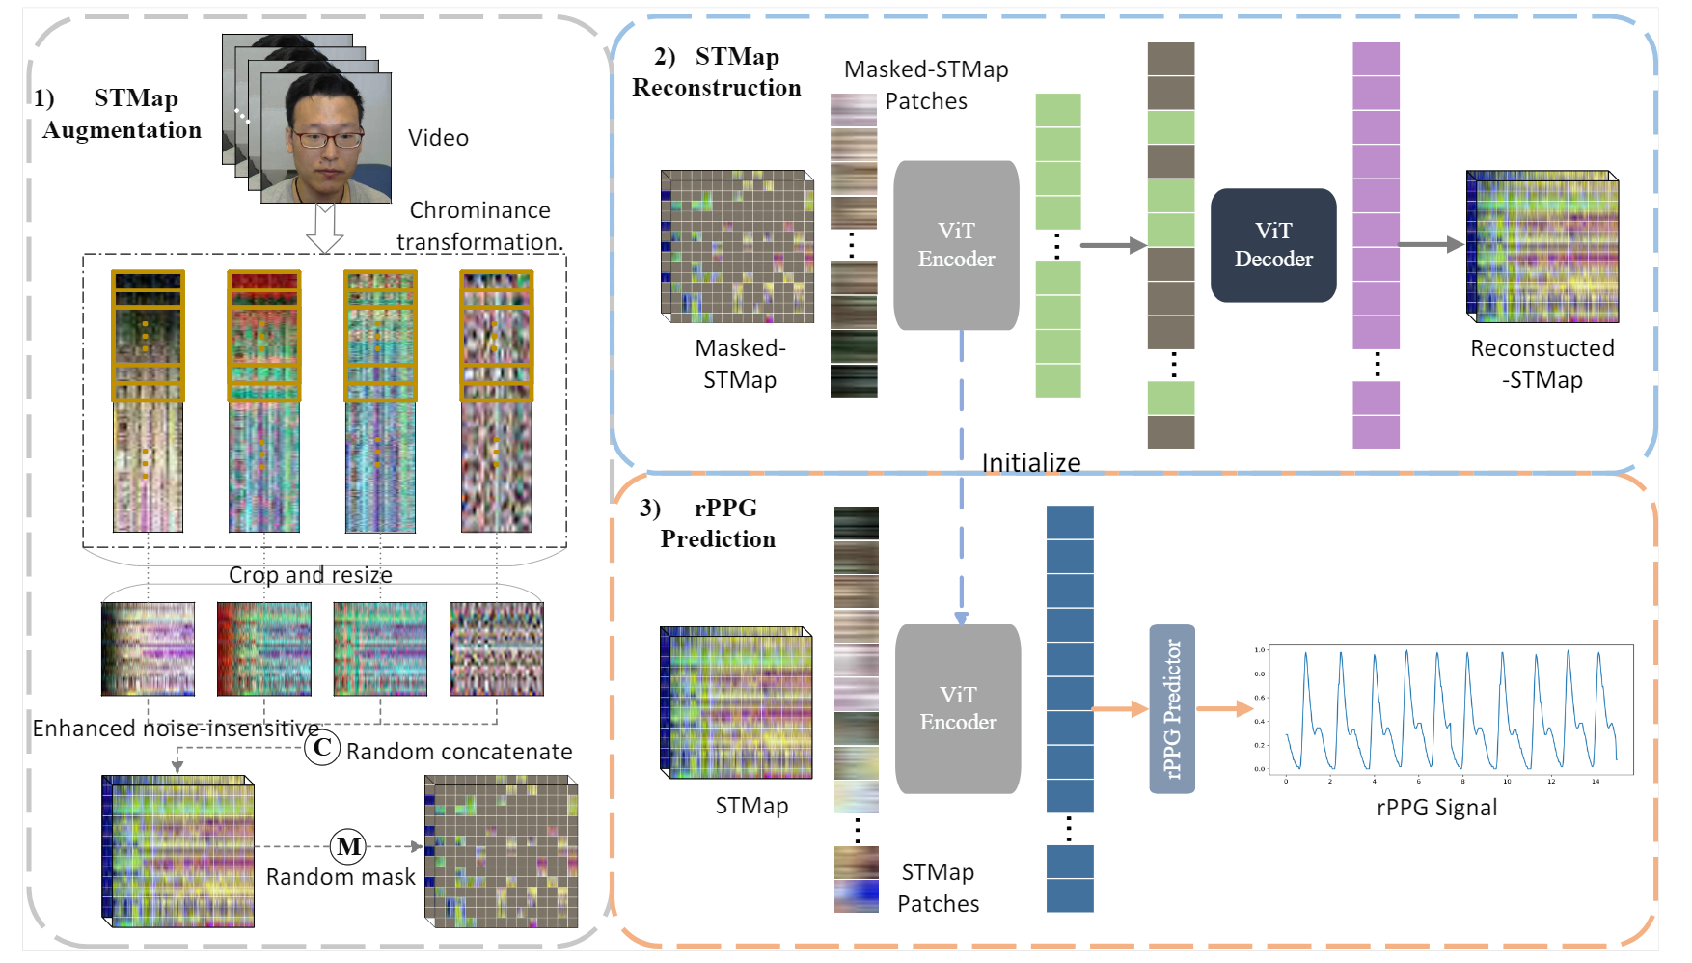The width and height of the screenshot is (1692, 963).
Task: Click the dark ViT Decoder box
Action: [1272, 245]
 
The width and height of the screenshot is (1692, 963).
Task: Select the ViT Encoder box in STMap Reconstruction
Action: [956, 245]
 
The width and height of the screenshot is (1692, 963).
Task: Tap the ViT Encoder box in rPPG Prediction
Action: [958, 709]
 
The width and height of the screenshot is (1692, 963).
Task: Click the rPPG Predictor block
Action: [1172, 709]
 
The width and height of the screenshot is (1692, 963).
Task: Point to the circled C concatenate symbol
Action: [322, 747]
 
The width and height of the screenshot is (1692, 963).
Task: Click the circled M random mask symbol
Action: [348, 846]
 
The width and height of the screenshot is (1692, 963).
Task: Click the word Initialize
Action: [1030, 463]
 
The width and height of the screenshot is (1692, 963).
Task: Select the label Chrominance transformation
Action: [479, 226]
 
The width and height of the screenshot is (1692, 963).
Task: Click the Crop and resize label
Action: [310, 575]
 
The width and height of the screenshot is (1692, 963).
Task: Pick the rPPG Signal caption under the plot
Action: [1436, 808]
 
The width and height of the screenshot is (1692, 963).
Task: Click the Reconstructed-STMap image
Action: [1542, 247]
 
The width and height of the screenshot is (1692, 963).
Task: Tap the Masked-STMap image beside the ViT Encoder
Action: [738, 247]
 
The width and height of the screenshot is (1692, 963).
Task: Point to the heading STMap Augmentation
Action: [121, 114]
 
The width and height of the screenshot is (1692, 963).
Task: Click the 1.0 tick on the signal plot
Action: [1260, 650]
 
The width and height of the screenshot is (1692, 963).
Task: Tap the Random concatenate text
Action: [459, 752]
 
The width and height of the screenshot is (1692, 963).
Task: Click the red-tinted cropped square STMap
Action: [263, 649]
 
